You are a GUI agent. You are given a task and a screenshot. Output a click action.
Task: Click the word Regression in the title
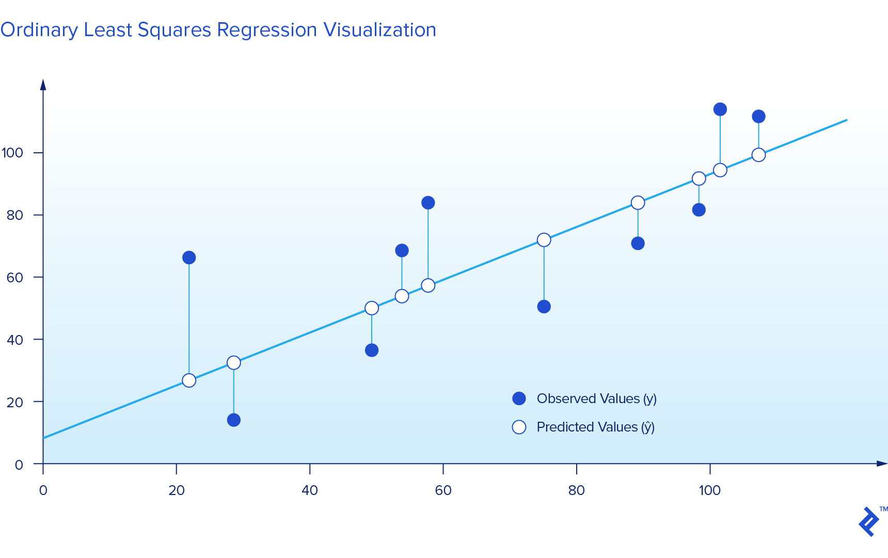click(266, 30)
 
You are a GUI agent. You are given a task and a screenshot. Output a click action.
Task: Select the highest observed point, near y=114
click(720, 109)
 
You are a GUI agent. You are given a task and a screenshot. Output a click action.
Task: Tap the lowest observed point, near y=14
click(234, 420)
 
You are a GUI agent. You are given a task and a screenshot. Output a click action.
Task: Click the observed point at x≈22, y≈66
click(189, 258)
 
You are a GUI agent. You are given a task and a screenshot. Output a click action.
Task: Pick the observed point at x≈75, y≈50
click(544, 307)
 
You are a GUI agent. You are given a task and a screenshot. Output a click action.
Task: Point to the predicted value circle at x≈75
click(544, 240)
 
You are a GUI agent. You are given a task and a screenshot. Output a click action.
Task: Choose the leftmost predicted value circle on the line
click(189, 380)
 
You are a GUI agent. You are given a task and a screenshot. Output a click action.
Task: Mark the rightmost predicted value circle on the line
click(758, 155)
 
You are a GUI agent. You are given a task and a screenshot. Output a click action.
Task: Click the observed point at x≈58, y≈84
click(428, 203)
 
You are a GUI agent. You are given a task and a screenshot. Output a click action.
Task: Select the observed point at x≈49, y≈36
click(372, 350)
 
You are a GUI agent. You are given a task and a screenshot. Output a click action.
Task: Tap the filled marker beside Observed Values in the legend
click(519, 398)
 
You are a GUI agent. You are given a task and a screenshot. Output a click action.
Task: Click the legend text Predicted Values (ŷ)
click(595, 427)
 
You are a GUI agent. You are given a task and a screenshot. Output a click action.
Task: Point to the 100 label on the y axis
click(12, 153)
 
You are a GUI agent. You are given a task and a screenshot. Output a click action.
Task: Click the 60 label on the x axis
click(443, 490)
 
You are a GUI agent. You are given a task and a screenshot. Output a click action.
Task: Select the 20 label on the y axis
click(15, 402)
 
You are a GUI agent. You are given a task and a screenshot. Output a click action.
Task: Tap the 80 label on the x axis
click(576, 490)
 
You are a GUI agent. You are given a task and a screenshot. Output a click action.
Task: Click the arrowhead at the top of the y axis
click(43, 85)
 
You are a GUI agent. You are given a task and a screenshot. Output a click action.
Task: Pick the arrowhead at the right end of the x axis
click(882, 464)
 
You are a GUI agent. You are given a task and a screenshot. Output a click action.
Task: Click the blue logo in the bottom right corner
click(869, 521)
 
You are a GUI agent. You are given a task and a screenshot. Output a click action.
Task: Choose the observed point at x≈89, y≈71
click(638, 244)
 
